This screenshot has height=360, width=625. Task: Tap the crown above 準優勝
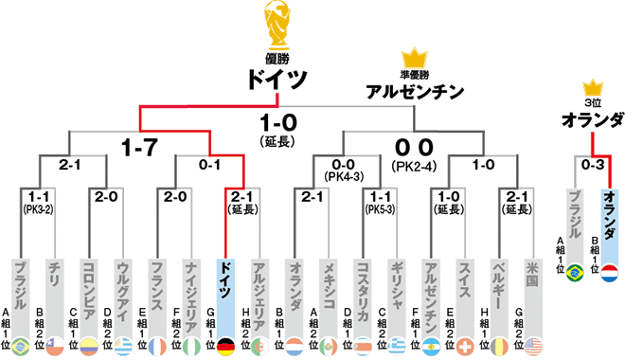coord(415,60)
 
